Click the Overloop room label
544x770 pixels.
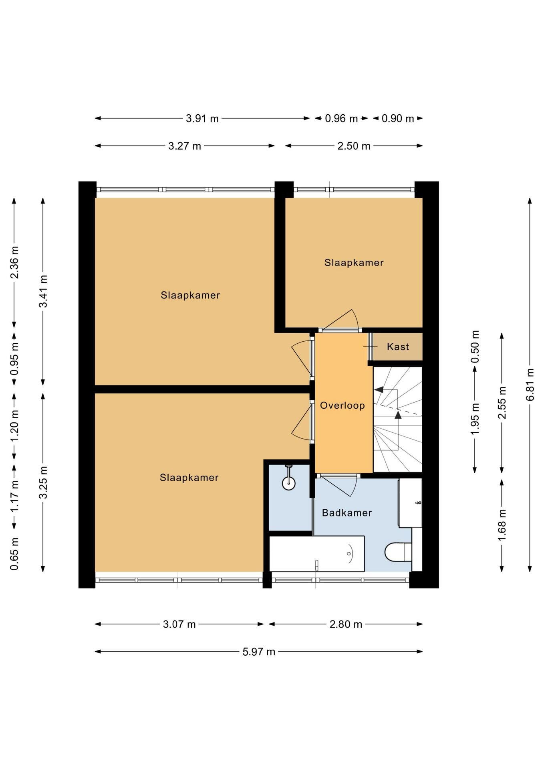(343, 405)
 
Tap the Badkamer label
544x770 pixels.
(347, 513)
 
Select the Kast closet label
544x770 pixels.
(398, 346)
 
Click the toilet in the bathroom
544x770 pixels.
(398, 552)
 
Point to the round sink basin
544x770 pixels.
(289, 483)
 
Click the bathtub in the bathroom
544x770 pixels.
(317, 553)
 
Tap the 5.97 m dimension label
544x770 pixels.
(259, 652)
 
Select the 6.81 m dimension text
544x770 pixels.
(530, 384)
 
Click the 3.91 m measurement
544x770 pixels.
(202, 118)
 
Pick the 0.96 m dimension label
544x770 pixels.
(341, 118)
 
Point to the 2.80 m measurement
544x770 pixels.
(346, 624)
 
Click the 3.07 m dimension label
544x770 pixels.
(179, 624)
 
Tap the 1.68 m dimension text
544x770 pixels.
(502, 525)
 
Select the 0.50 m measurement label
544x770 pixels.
(475, 346)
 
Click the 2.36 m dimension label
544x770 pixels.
(15, 262)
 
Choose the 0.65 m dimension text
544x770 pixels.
(15, 554)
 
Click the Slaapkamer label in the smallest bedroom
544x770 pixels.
(354, 263)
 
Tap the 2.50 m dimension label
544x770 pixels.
(354, 146)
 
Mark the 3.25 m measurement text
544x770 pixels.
(43, 482)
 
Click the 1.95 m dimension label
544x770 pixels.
(475, 419)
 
